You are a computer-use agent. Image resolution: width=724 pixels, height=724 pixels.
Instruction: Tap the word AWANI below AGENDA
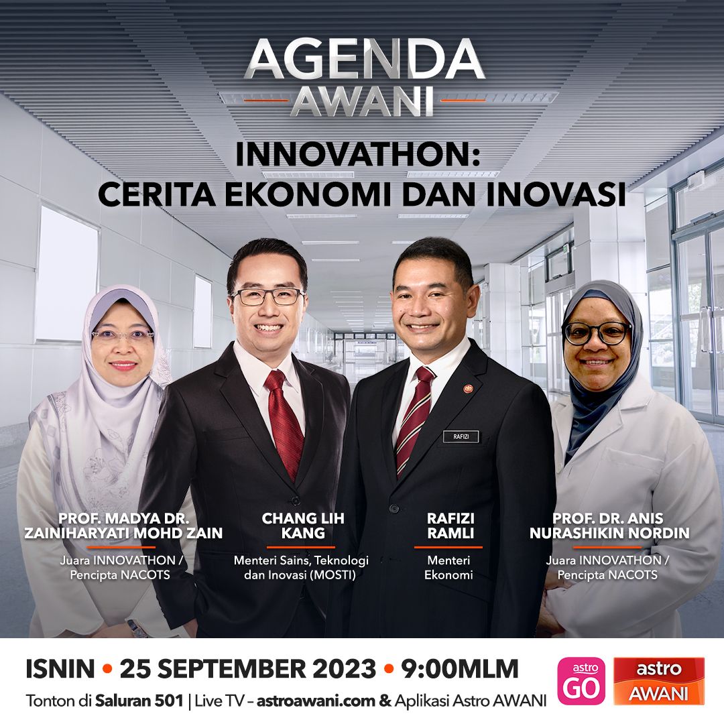tap(363, 101)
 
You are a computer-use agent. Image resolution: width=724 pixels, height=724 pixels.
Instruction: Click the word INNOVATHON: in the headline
tap(358, 154)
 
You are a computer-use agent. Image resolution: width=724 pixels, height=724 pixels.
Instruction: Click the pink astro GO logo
tap(581, 681)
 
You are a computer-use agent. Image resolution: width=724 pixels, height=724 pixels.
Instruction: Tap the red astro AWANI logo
tap(659, 681)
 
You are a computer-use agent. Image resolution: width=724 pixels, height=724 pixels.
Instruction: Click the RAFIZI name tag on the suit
tap(461, 436)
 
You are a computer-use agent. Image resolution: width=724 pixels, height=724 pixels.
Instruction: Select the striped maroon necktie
tap(414, 420)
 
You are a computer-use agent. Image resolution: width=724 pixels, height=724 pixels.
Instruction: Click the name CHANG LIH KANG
tap(303, 526)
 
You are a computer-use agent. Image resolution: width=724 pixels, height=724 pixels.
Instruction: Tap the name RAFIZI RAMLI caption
tap(450, 526)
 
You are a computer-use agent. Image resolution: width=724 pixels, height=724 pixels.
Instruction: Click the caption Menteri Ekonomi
tap(448, 568)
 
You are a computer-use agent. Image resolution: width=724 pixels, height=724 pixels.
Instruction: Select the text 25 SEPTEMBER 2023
tap(248, 669)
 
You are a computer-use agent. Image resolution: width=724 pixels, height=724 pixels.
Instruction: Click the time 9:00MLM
tap(460, 669)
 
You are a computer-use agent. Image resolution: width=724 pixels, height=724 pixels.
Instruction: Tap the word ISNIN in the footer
tap(60, 669)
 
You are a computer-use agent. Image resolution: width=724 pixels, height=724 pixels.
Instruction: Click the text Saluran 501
tap(139, 701)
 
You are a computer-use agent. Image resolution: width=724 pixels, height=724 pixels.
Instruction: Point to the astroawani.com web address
tap(316, 701)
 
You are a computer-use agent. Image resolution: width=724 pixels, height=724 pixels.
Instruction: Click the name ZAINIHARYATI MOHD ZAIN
tap(123, 533)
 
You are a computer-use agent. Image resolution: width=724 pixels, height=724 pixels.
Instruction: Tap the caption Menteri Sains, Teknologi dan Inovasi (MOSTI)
tap(301, 568)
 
